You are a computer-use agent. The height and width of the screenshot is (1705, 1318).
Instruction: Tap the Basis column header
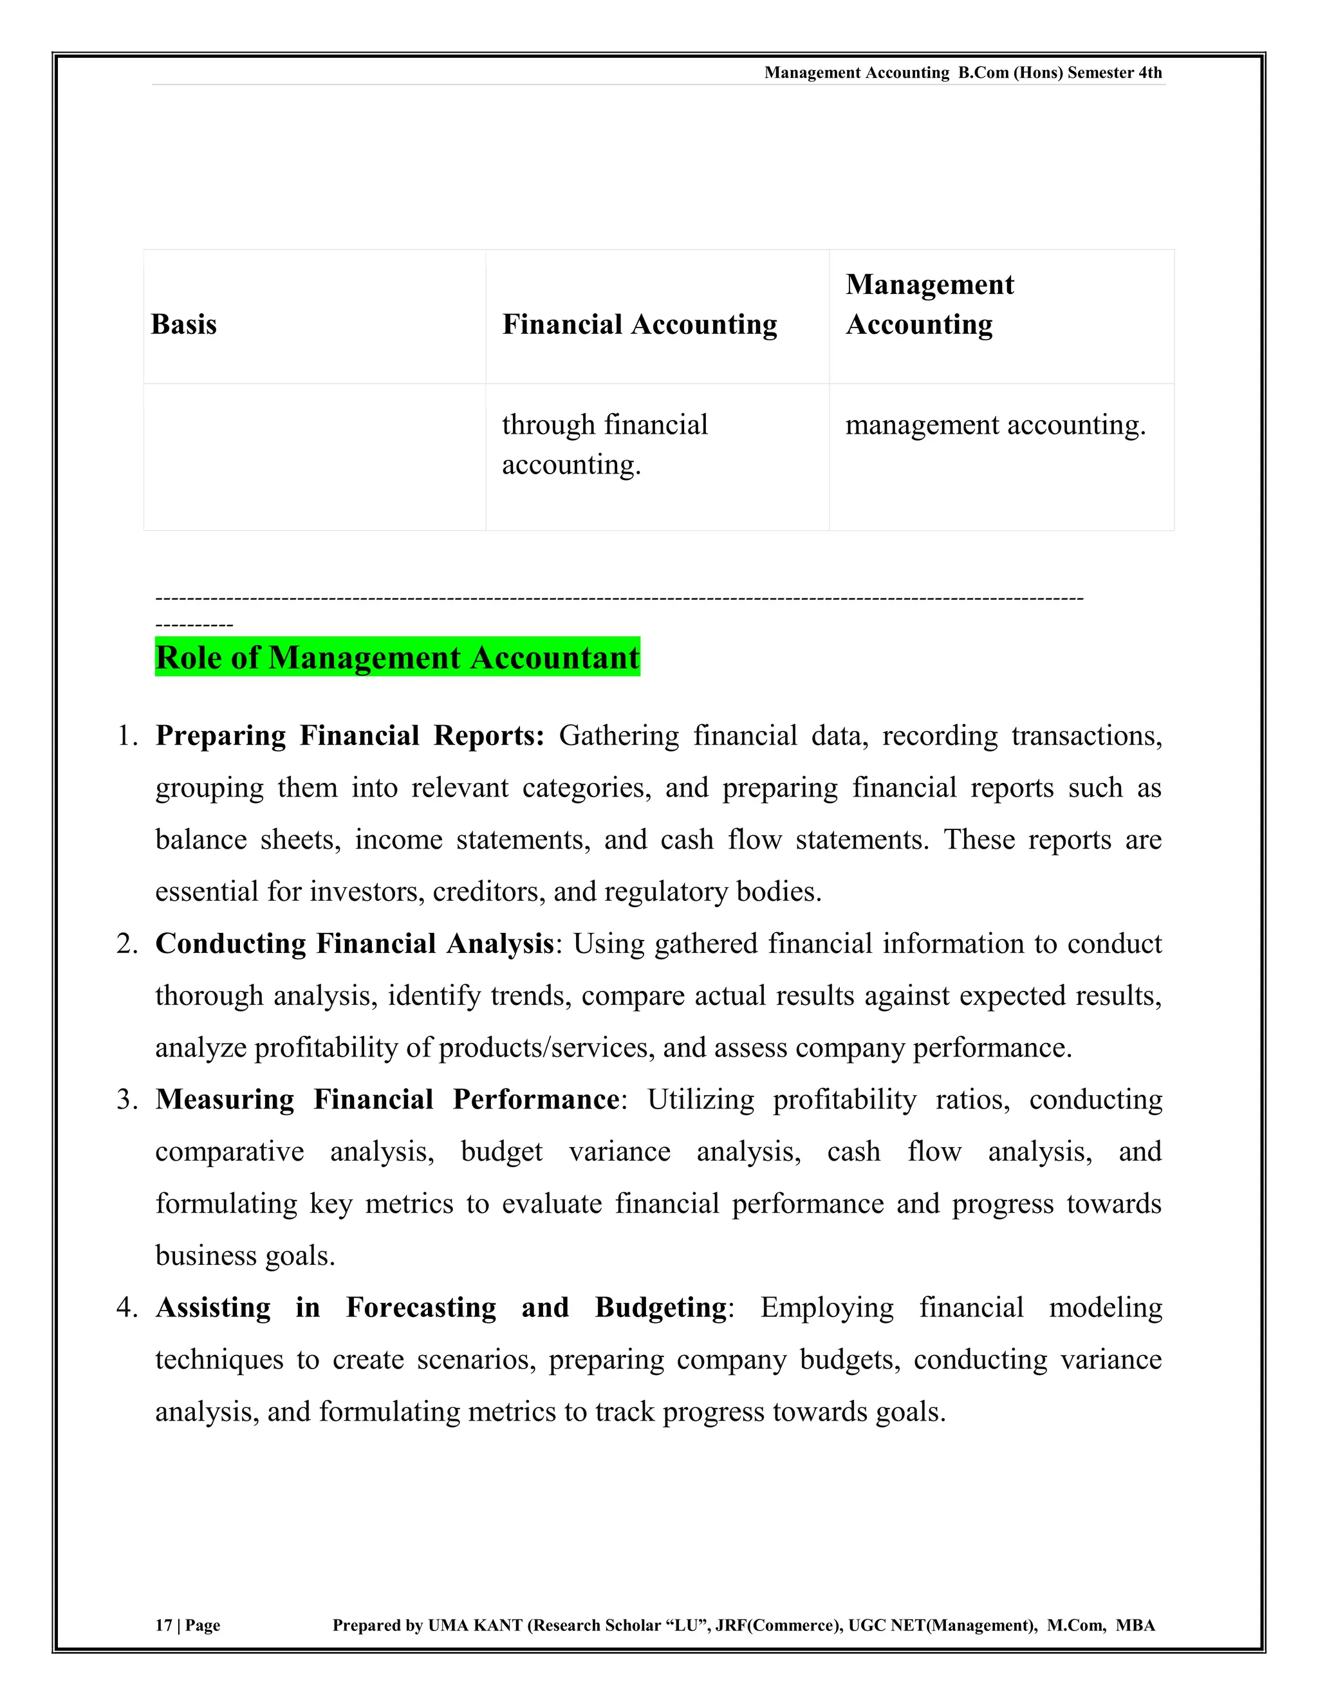(x=183, y=324)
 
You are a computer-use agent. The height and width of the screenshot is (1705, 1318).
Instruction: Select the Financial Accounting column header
(x=640, y=324)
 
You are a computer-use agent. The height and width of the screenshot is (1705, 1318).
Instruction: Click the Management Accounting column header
(x=929, y=304)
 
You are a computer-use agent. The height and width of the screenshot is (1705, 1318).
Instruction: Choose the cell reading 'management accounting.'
(x=996, y=425)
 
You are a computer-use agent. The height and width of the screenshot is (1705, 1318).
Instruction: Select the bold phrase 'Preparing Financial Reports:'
(x=349, y=735)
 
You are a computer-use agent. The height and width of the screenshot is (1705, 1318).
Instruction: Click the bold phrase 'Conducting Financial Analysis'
(x=355, y=943)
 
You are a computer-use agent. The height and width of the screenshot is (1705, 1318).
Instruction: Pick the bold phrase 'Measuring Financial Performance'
(x=387, y=1099)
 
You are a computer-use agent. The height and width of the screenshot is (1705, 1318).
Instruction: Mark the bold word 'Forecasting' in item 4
(x=421, y=1307)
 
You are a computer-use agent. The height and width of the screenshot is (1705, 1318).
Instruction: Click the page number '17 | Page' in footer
(x=187, y=1625)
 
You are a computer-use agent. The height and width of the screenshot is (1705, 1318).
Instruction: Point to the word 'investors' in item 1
(x=367, y=892)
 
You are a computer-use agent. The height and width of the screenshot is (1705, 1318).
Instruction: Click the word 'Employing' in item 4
(x=826, y=1307)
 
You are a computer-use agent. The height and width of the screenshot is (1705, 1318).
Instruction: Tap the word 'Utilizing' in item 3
(x=700, y=1099)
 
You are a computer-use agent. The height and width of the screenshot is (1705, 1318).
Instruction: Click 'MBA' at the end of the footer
(x=1135, y=1625)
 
